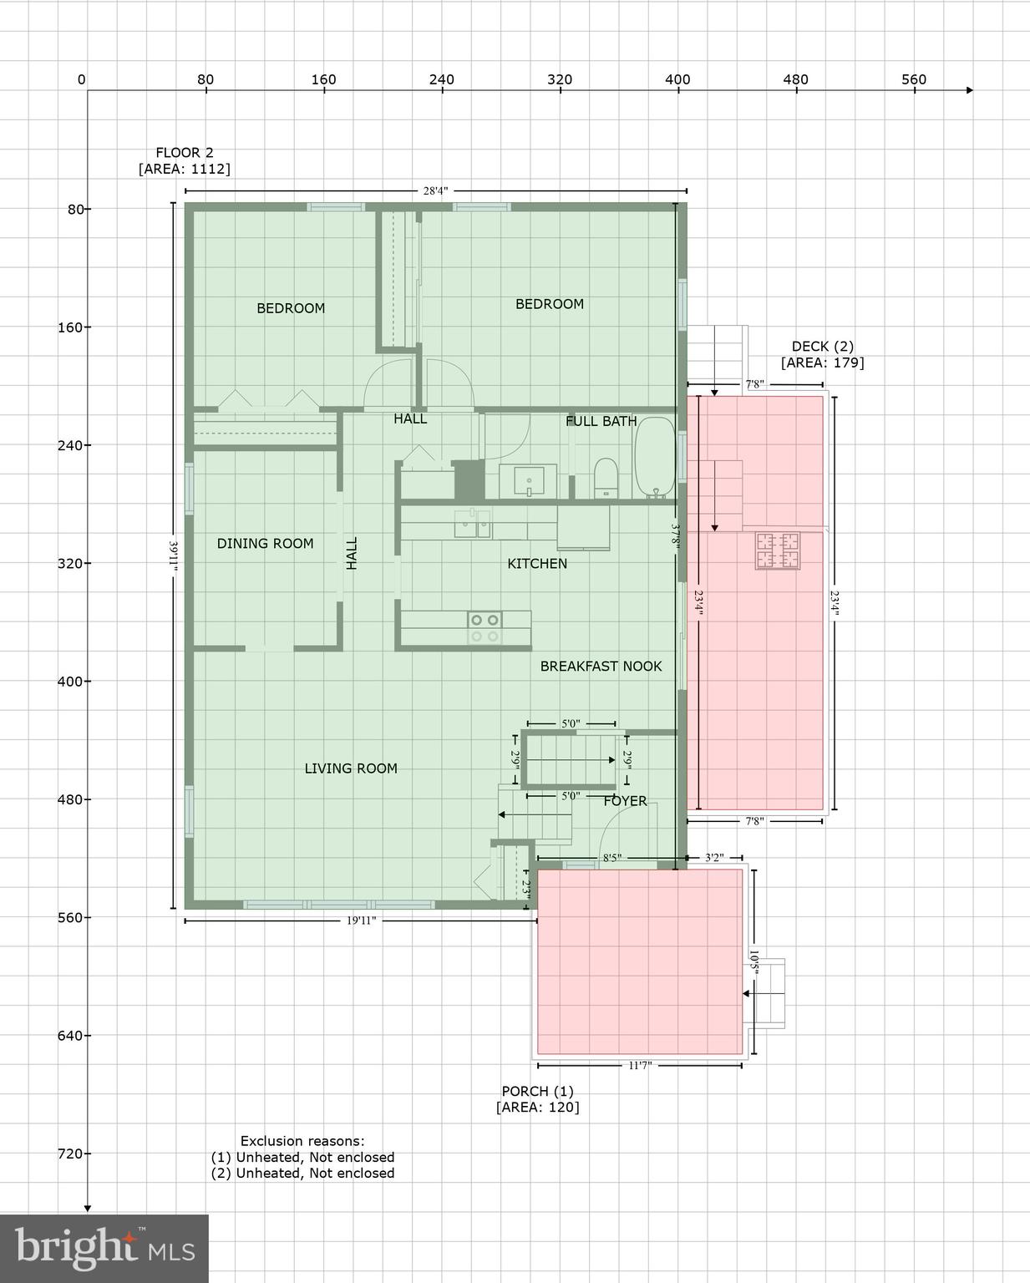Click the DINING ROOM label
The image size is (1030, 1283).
point(265,544)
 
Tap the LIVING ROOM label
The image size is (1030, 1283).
point(350,768)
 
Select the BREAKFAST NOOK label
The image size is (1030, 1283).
point(601,667)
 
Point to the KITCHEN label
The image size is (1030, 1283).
point(537,564)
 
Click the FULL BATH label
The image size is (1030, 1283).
point(601,422)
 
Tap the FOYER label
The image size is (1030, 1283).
point(625,801)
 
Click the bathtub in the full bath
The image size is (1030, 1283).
point(654,458)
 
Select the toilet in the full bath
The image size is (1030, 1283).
point(606,478)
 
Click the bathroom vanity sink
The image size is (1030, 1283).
point(528,482)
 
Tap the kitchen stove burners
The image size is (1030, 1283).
point(484,628)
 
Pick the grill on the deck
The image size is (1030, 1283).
point(777,550)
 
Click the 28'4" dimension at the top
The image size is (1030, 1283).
point(435,191)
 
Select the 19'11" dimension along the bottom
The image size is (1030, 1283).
point(360,920)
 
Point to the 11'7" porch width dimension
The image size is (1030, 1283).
point(639,1066)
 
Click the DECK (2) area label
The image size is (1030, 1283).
point(822,354)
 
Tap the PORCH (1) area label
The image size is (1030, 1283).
point(537,1099)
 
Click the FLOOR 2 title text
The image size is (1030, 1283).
point(185,153)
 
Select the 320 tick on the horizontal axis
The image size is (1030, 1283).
point(560,80)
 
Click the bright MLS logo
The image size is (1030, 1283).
point(104,1248)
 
